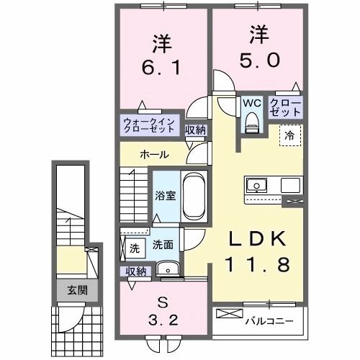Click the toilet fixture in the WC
(251, 124)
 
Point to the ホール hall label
(155, 155)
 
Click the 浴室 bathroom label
(165, 195)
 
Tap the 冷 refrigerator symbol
(289, 134)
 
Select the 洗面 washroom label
(162, 245)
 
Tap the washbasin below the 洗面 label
(170, 271)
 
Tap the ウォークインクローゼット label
(148, 125)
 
